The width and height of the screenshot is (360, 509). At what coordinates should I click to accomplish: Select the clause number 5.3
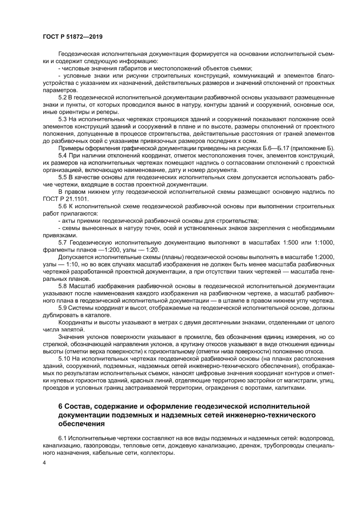(63, 119)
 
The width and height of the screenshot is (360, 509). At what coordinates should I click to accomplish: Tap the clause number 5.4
(63, 155)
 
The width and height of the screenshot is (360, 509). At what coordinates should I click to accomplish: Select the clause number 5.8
(63, 287)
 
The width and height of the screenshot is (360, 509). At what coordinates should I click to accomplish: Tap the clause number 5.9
(63, 308)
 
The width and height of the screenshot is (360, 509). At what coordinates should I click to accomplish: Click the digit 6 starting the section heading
(61, 406)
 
